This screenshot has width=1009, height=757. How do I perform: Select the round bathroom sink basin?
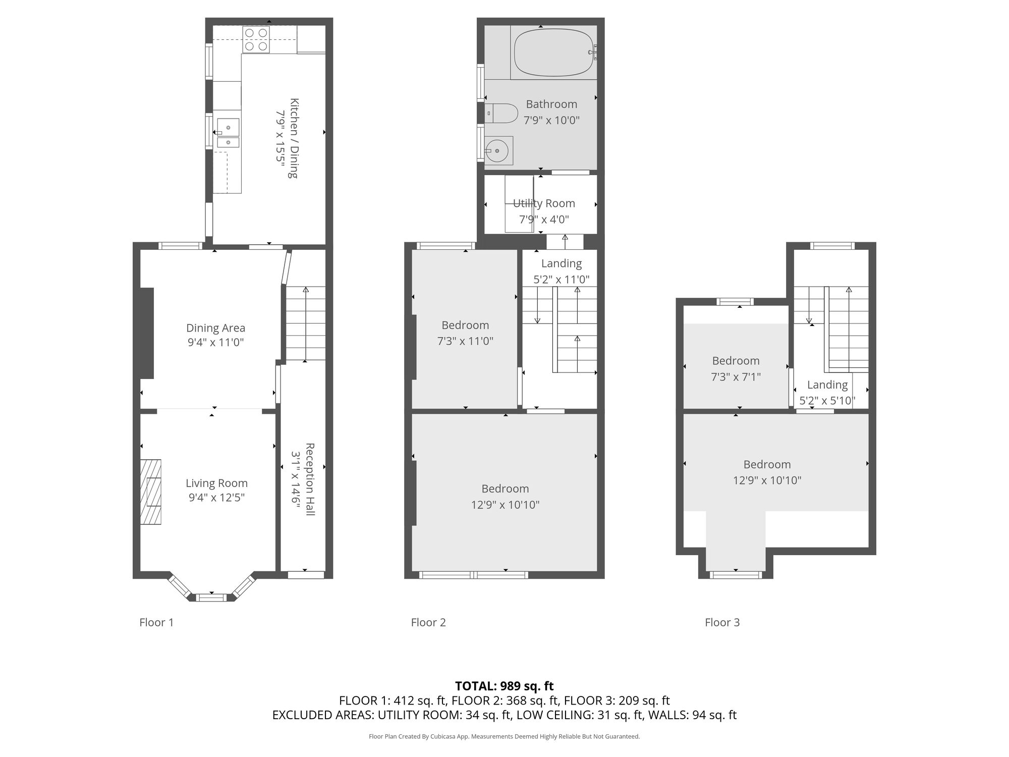click(498, 150)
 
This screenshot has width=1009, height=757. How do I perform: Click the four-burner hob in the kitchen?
click(256, 39)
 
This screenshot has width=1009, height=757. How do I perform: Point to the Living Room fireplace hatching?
click(151, 492)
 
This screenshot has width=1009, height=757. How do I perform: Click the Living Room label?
click(216, 483)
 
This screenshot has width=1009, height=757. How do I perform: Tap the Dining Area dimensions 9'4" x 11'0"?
click(215, 342)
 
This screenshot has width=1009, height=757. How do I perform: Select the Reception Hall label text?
click(310, 479)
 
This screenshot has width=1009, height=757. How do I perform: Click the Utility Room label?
click(544, 203)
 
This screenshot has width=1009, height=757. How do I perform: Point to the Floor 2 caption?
click(428, 622)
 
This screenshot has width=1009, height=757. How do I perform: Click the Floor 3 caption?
click(722, 622)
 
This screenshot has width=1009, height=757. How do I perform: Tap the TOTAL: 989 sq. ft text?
click(504, 686)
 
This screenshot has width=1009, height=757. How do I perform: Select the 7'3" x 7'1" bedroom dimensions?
click(736, 376)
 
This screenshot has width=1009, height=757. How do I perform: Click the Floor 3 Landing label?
click(827, 385)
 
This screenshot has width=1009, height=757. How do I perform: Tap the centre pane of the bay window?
click(211, 598)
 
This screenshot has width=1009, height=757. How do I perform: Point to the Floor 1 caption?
click(156, 622)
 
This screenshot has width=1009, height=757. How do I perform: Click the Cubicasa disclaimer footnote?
click(504, 736)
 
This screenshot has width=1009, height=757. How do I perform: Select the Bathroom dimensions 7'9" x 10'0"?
click(551, 120)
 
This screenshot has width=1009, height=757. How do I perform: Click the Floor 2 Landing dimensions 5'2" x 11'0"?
click(561, 279)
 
